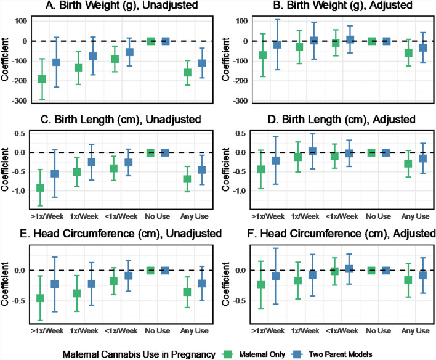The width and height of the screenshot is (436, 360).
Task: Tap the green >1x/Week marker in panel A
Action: [42, 79]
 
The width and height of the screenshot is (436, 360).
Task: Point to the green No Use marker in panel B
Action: [371, 41]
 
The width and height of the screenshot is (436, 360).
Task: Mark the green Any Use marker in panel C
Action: [187, 179]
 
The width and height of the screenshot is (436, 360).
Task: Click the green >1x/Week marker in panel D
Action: [262, 170]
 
